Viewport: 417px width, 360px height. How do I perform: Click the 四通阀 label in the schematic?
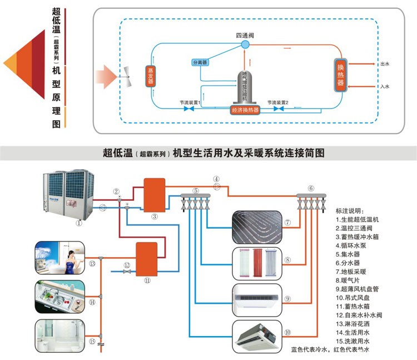tap(245, 36)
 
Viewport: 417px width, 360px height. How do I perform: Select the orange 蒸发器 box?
tap(150, 76)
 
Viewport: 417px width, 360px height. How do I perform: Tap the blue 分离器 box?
tap(200, 63)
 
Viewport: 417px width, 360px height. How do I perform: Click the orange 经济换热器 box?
tap(245, 110)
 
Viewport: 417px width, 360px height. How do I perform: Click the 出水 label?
tap(385, 64)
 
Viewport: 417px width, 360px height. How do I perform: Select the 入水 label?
tap(385, 87)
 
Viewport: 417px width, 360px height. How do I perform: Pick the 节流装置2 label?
tap(277, 102)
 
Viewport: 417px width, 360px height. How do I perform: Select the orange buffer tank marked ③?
tap(155, 194)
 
